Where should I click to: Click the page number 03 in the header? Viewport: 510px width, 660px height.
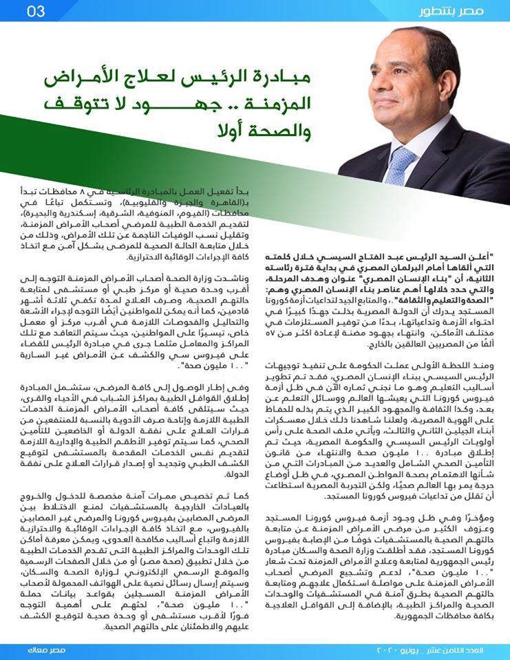pos(36,12)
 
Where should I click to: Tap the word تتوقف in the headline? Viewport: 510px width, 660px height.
pos(81,104)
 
